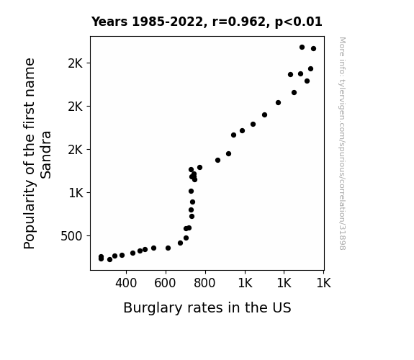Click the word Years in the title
click(109, 22)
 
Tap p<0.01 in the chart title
click(299, 22)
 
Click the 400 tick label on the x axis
click(126, 283)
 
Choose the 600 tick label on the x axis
click(165, 283)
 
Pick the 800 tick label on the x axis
click(204, 283)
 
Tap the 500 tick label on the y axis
click(71, 236)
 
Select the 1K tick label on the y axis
click(76, 193)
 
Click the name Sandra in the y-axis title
click(45, 155)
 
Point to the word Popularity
click(30, 215)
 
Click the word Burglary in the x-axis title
click(153, 308)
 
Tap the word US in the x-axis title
click(282, 307)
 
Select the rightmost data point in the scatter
click(313, 48)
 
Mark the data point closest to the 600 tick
click(168, 248)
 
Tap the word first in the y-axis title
click(30, 114)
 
